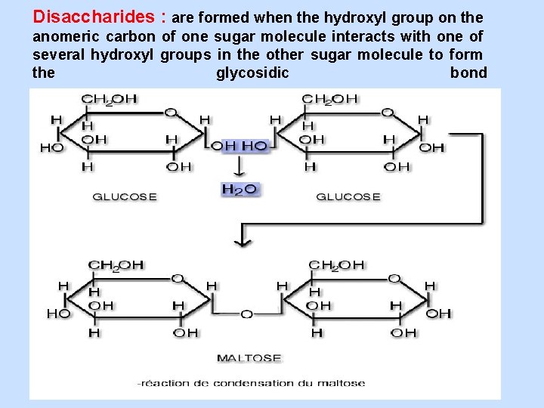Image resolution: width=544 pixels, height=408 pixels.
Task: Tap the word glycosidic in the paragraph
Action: pos(252,73)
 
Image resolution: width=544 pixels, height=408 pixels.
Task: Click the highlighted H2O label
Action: pos(240,189)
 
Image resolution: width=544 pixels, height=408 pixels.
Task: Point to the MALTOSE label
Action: pos(249,357)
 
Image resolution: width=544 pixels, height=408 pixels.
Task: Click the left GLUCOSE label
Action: pos(125,196)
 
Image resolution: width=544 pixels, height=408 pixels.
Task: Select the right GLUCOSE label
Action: pos(348,196)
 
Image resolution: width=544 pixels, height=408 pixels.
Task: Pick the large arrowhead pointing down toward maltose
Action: pos(242,240)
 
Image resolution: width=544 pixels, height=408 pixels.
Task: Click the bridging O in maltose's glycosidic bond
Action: pos(246,313)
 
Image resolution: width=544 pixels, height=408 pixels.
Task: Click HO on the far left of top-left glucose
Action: pos(52,147)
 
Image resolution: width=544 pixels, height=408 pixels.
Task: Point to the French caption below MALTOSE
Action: pos(252,382)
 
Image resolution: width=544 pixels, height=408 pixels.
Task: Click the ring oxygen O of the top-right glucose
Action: pos(388,112)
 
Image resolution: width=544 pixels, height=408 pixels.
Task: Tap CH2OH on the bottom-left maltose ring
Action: pos(116,265)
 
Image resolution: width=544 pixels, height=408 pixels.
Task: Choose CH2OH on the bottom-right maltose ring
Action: pos(336,265)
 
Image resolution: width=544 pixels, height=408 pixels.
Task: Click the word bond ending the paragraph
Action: pos(468,73)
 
